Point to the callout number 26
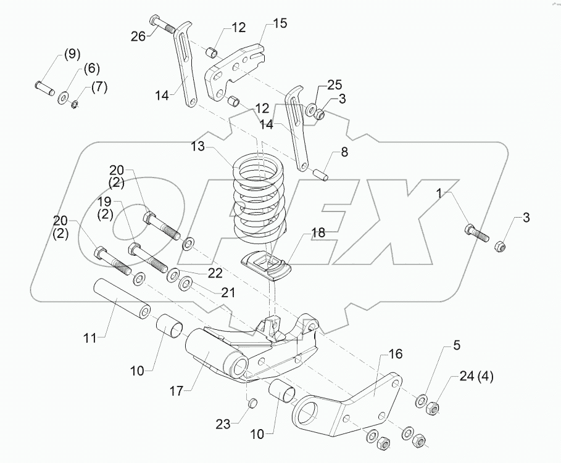click(x=138, y=36)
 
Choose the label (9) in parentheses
click(x=70, y=55)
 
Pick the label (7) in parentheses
click(x=99, y=87)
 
